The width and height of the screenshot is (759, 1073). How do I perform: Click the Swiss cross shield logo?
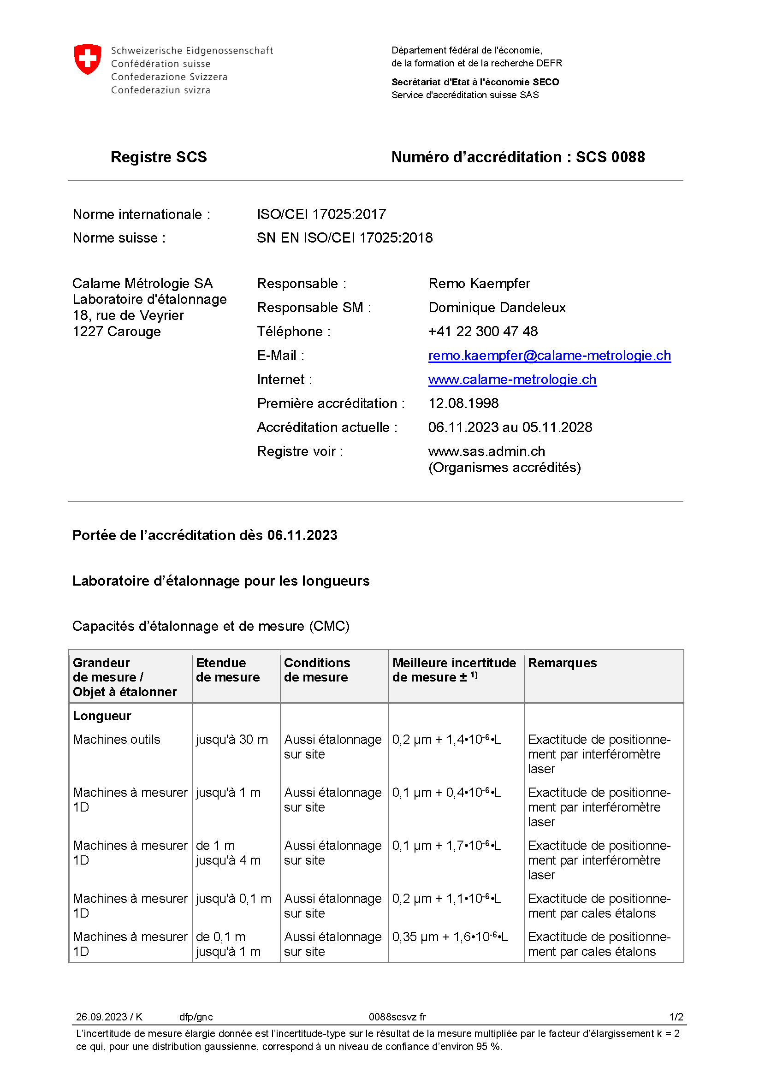[x=88, y=59]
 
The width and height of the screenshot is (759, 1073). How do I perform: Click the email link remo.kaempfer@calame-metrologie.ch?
[x=549, y=356]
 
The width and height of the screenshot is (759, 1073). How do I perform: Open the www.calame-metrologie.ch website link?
[x=512, y=379]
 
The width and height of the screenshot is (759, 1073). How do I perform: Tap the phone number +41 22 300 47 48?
[x=483, y=332]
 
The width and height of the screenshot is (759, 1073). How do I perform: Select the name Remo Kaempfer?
[x=479, y=284]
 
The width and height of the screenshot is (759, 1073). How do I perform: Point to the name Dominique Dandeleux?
[x=497, y=308]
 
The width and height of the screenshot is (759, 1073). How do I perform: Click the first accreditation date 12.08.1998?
[x=463, y=403]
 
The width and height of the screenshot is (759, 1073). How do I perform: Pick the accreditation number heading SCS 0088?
[x=610, y=157]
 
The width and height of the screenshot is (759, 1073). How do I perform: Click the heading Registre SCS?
[x=159, y=157]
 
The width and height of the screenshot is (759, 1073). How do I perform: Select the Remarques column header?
[x=562, y=663]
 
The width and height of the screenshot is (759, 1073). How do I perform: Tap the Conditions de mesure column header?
[x=317, y=670]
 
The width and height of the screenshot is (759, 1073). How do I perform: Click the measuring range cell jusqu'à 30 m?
[x=232, y=739]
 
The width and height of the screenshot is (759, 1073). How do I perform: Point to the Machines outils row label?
[x=117, y=739]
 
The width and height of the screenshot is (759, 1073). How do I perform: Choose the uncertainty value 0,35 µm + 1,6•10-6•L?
[x=450, y=937]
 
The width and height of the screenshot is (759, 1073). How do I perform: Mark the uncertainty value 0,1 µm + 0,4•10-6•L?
[x=446, y=792]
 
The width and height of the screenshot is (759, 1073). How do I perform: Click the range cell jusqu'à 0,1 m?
[x=233, y=898]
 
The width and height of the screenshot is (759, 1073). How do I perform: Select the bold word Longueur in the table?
[x=102, y=716]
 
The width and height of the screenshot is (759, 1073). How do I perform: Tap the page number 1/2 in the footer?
[x=676, y=1017]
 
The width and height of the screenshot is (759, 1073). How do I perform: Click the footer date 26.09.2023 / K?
[x=109, y=1017]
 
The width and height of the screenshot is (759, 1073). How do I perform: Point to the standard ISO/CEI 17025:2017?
[x=321, y=214]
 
